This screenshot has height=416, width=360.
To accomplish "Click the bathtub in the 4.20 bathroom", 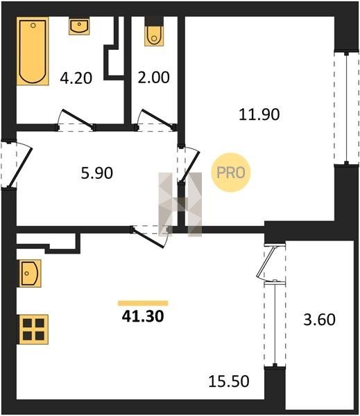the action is [33, 51].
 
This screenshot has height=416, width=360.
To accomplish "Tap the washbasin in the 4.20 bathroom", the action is [79, 26].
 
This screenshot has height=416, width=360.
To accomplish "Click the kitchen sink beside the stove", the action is [30, 273].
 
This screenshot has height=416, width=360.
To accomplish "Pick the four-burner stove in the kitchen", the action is [33, 329].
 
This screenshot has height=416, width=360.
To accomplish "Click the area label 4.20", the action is [76, 78].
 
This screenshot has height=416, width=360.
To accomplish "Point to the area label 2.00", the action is [153, 78].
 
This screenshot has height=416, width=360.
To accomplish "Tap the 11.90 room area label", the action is [259, 114].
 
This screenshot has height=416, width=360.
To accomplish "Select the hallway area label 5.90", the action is [97, 173].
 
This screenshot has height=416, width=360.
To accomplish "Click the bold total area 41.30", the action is [143, 316].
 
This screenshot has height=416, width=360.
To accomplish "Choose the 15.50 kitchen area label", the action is [229, 381].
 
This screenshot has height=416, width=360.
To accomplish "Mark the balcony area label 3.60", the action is [319, 320].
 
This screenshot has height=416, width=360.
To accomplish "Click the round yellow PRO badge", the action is [231, 173].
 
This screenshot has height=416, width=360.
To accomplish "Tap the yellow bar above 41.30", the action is [143, 303].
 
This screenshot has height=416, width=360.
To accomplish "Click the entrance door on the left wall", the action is [16, 164].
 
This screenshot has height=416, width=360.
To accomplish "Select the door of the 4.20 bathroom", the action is [76, 121].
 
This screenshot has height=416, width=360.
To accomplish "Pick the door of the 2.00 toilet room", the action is [155, 121].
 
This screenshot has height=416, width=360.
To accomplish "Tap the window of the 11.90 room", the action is [346, 108].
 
